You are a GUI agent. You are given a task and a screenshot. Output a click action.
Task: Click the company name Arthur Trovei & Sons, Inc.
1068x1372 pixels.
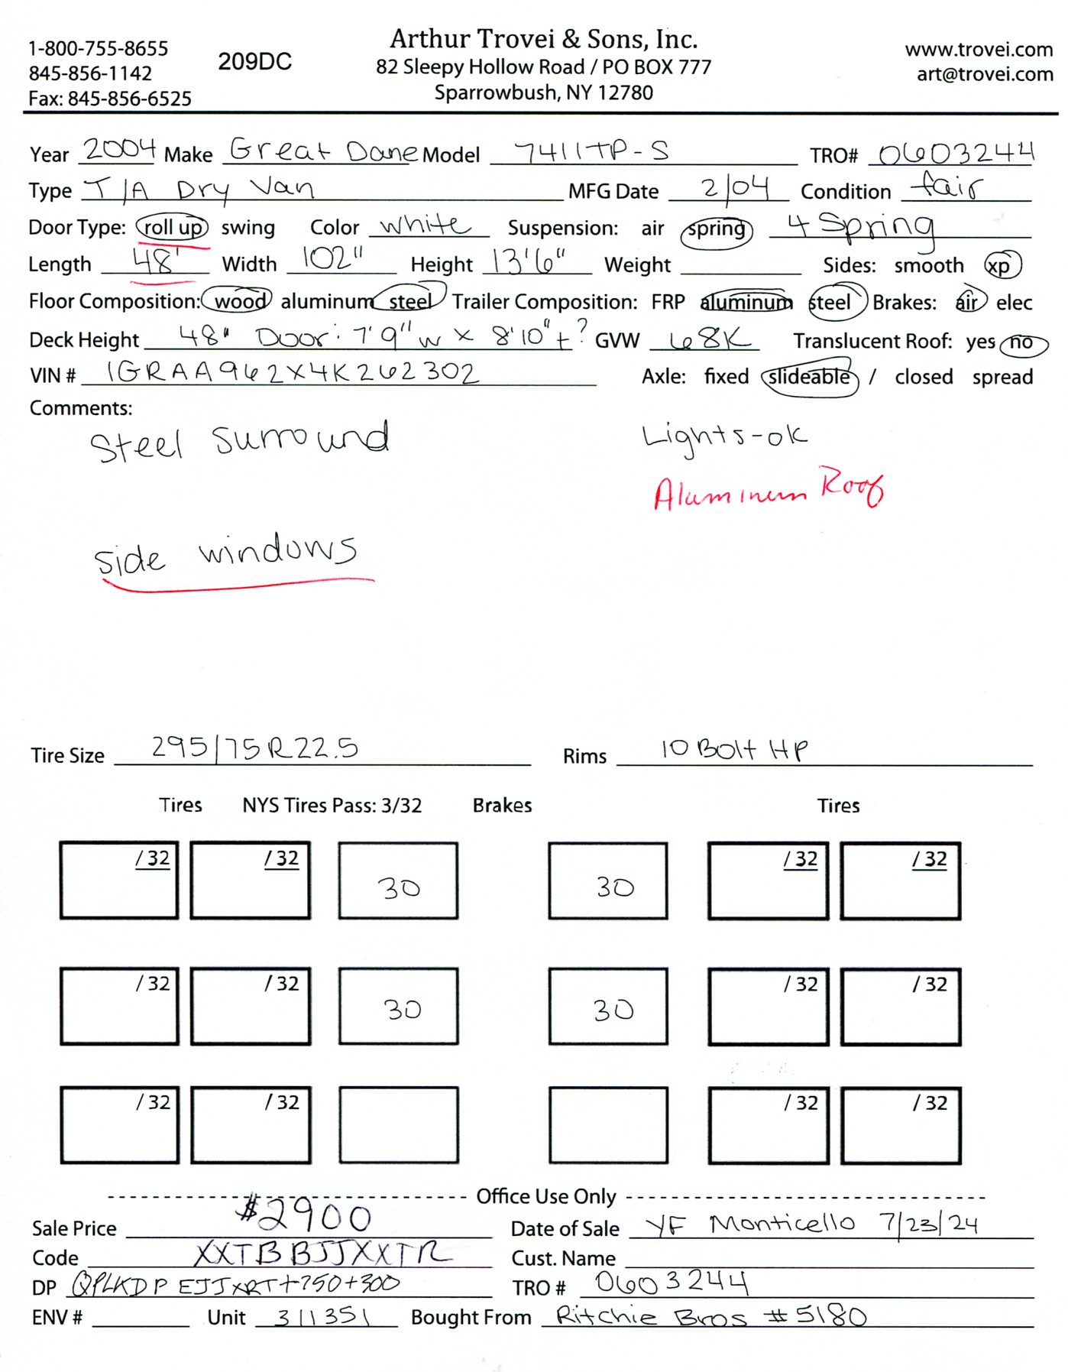[x=543, y=39]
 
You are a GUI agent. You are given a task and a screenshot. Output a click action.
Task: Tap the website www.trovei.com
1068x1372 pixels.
[x=979, y=50]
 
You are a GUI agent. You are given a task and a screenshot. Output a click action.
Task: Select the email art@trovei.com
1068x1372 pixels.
[x=985, y=74]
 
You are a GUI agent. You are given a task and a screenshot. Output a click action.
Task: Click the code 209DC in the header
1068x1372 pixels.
[x=254, y=62]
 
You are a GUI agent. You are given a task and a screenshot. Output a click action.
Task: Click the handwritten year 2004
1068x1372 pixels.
[x=119, y=148]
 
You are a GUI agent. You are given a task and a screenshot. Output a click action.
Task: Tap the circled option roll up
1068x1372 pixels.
[x=173, y=228]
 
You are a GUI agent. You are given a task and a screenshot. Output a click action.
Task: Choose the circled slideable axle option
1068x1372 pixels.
[x=809, y=378]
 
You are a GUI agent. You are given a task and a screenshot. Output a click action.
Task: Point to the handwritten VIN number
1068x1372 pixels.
[x=292, y=372]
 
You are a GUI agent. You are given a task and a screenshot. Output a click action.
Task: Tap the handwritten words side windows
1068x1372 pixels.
[x=225, y=554]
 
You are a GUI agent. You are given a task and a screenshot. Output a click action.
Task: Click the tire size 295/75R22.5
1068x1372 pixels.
[x=254, y=748]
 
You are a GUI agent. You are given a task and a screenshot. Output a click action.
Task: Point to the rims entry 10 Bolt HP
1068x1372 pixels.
[x=733, y=749]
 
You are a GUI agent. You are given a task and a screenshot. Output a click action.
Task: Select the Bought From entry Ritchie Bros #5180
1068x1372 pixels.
[x=710, y=1316]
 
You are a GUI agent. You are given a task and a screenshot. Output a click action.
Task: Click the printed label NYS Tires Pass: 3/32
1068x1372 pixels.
[x=332, y=806]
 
